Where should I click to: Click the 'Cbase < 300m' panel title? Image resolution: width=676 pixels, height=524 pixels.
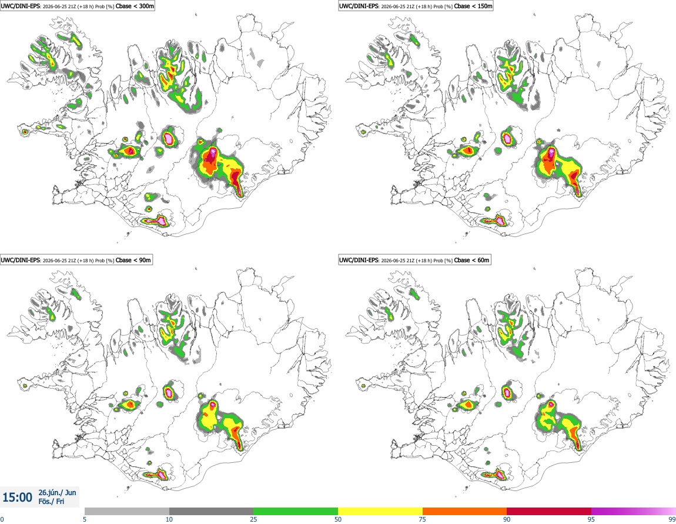click(135, 6)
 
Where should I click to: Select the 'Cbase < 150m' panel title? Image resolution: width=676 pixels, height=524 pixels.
click(473, 6)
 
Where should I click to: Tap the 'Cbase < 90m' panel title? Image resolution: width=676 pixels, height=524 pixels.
click(133, 260)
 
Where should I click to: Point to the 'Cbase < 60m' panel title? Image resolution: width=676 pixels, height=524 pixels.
click(472, 260)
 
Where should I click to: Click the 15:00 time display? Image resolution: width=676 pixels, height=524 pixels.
click(17, 498)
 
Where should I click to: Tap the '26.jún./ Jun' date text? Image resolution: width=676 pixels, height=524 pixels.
click(58, 492)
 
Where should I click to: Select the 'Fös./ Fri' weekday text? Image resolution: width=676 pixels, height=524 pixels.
click(51, 502)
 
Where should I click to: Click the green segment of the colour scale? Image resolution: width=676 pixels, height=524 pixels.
click(296, 511)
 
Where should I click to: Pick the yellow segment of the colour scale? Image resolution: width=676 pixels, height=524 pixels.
click(380, 511)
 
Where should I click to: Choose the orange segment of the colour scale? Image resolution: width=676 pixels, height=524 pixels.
click(465, 511)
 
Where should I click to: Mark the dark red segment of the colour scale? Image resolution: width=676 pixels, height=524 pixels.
click(549, 511)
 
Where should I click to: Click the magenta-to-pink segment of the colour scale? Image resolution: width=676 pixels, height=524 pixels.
click(633, 511)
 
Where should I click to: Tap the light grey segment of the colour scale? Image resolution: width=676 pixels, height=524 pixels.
click(127, 511)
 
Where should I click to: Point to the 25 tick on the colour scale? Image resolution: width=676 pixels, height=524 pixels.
click(253, 519)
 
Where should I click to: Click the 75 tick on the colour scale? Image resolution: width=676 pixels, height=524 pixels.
click(423, 519)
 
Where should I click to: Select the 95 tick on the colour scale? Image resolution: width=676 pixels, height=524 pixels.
click(591, 519)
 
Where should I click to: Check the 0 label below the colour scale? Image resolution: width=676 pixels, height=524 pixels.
click(2, 519)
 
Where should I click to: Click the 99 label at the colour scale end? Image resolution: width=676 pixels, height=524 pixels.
click(672, 519)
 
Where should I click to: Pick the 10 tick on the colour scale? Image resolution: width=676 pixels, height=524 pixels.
click(169, 519)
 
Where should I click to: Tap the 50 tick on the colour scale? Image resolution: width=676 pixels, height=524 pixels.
click(338, 519)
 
